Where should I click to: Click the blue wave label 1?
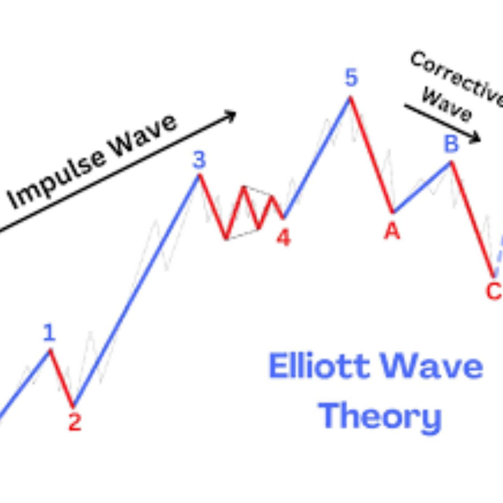pyautogui.click(x=49, y=333)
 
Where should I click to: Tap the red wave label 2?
pyautogui.click(x=75, y=422)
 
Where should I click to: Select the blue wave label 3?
pyautogui.click(x=199, y=160)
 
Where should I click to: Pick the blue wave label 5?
pyautogui.click(x=351, y=78)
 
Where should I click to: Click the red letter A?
pyautogui.click(x=392, y=231)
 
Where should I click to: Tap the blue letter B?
pyautogui.click(x=451, y=144)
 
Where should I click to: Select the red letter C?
pyautogui.click(x=494, y=291)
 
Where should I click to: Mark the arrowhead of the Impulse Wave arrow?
pyautogui.click(x=231, y=116)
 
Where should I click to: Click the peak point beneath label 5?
pyautogui.click(x=350, y=97)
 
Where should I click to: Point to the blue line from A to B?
pyautogui.click(x=422, y=187)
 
